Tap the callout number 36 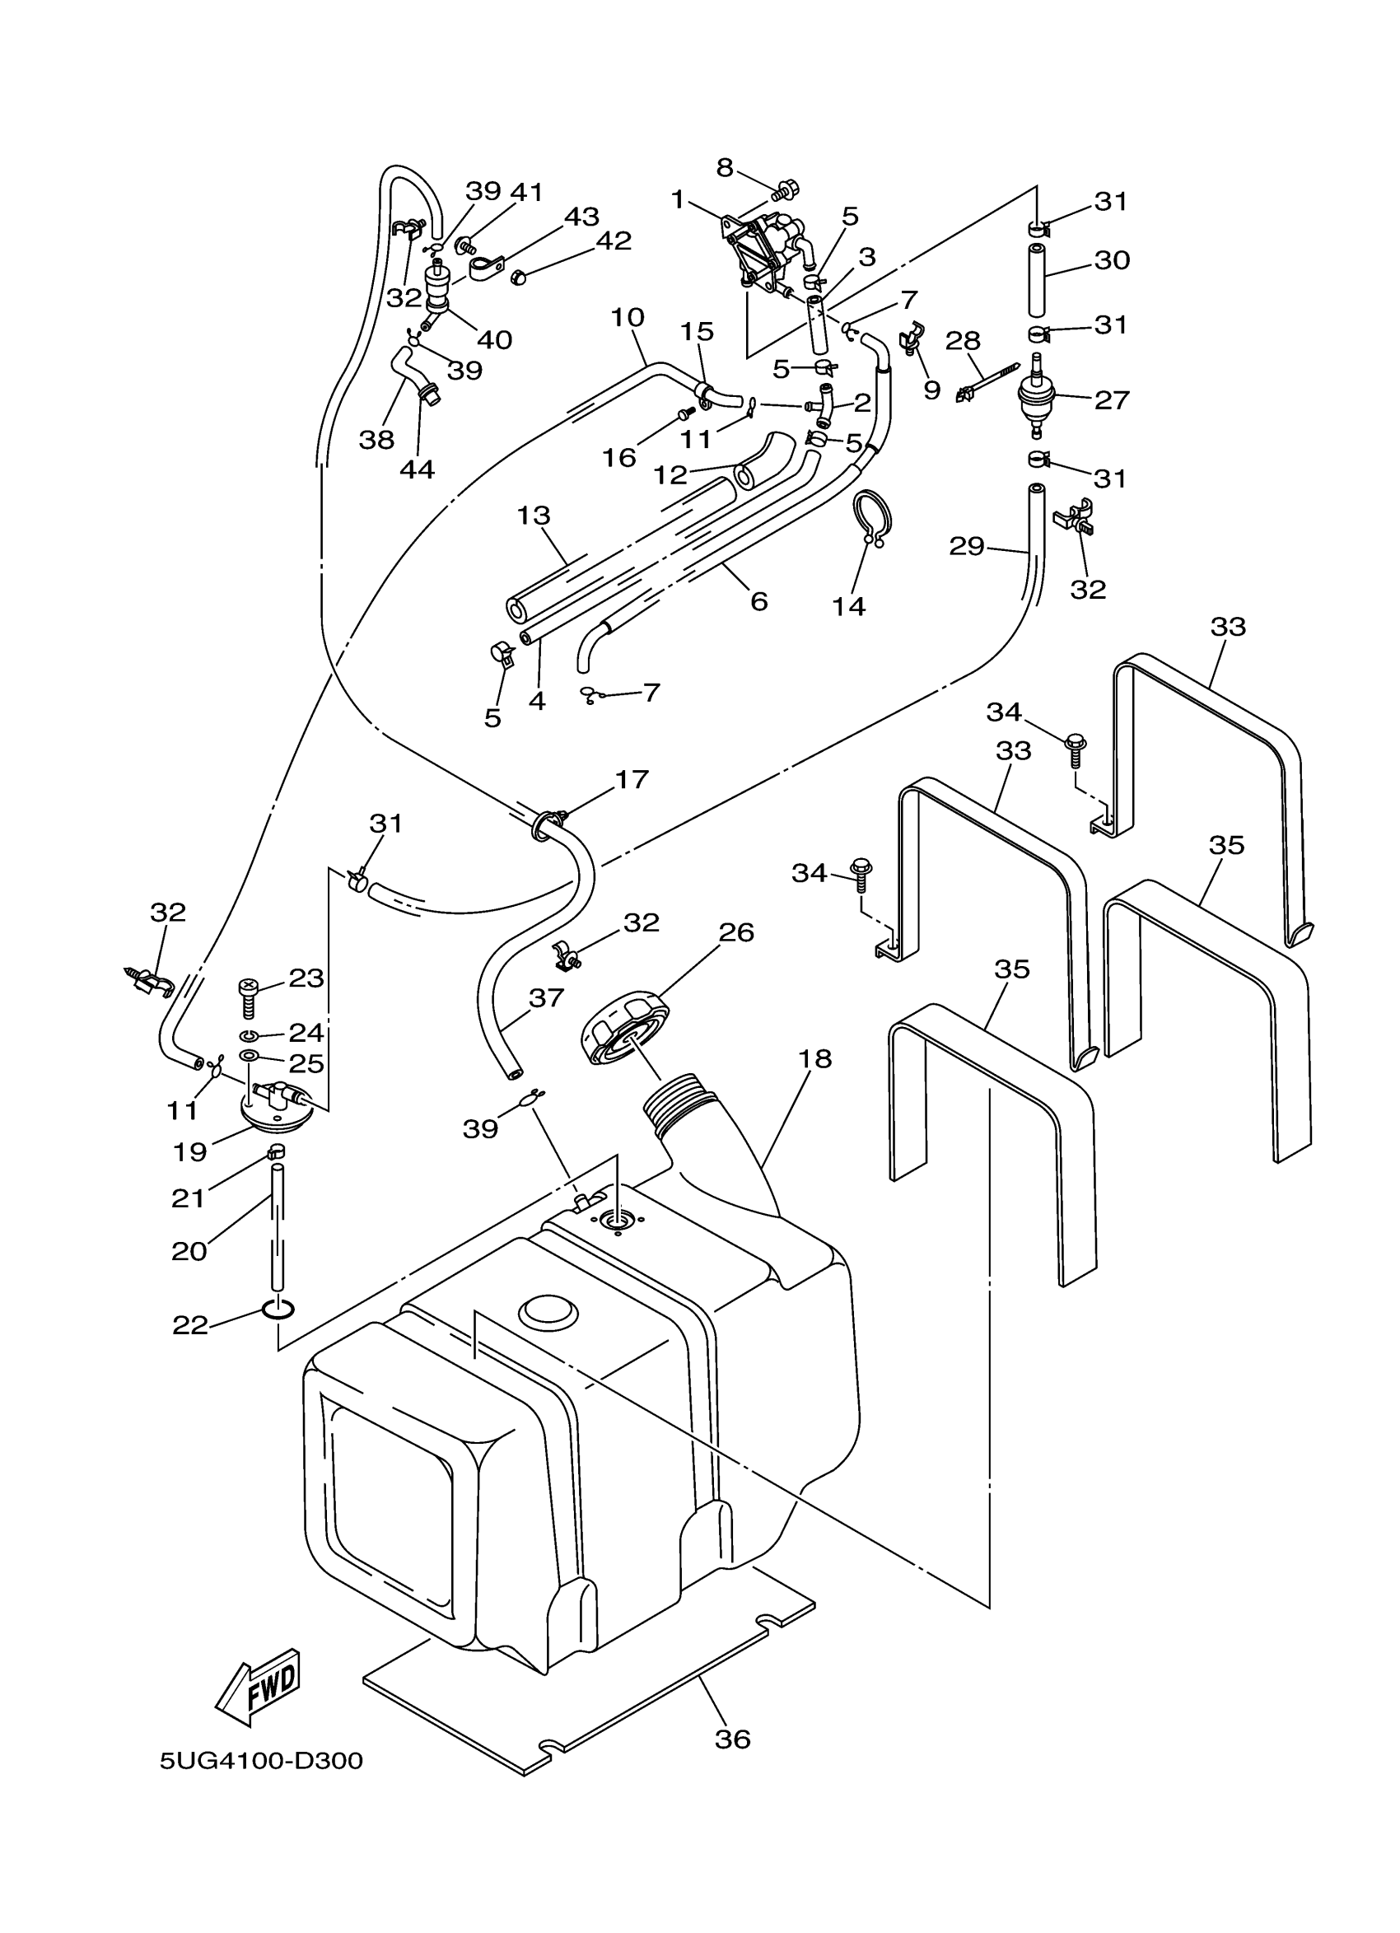(732, 1738)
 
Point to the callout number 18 (814, 1058)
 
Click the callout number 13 (534, 516)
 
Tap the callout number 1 (679, 200)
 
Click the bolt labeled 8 (785, 187)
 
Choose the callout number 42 (614, 241)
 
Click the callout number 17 (632, 779)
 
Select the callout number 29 (966, 545)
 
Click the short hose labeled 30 (1037, 278)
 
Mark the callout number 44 (417, 469)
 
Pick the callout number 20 (189, 1250)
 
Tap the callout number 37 (545, 997)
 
